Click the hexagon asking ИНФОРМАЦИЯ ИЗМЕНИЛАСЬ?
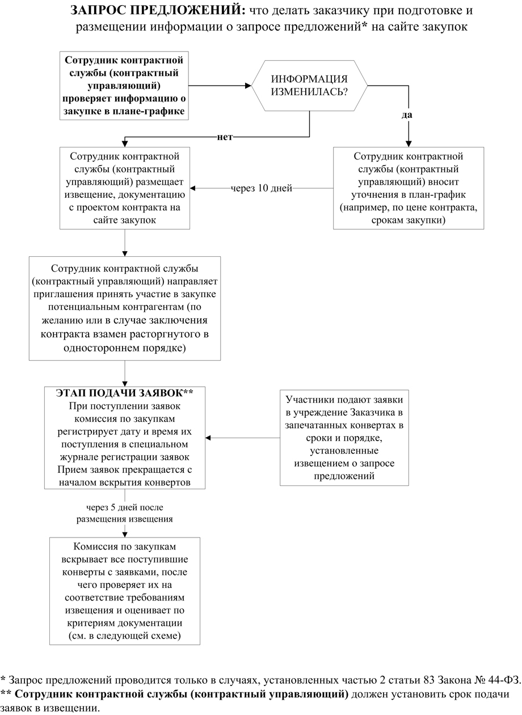point(309,86)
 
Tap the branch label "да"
point(406,115)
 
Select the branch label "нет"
point(225,137)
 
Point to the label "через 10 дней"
point(261,188)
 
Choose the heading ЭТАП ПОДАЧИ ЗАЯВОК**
point(125,393)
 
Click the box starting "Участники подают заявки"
point(344,437)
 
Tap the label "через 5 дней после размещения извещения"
point(125,513)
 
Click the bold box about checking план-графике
point(124,85)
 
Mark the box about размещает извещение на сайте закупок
point(124,188)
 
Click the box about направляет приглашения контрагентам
point(124,308)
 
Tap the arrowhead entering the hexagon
point(248,86)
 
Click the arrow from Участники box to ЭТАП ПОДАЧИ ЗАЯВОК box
point(242,438)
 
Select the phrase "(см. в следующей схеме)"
point(125,636)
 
